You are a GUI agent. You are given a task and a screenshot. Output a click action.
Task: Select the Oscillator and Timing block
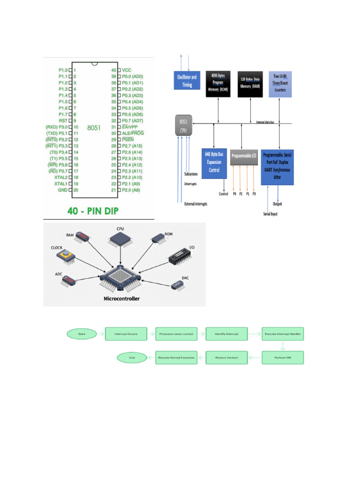(187, 81)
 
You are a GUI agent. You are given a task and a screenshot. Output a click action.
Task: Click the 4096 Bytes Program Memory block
(218, 84)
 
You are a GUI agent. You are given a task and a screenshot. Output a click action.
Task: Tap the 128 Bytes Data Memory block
(250, 84)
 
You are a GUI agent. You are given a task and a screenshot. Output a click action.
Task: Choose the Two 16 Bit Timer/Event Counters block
(280, 84)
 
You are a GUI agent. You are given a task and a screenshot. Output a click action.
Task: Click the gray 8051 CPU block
(183, 125)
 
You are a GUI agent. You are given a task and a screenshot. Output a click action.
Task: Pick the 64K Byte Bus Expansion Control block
(214, 161)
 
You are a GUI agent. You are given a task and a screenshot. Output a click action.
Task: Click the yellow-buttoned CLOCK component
(66, 256)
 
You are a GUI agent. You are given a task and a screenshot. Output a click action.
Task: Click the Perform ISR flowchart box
(283, 358)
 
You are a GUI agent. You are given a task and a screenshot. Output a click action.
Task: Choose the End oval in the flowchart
(132, 358)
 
